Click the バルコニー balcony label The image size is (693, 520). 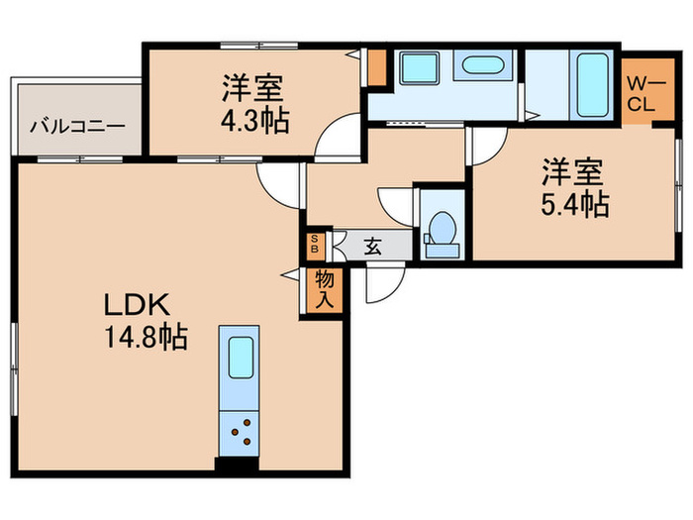76,127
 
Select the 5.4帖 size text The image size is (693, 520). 574,205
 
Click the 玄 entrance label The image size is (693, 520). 372,247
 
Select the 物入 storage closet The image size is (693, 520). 325,290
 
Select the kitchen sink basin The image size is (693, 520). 239,358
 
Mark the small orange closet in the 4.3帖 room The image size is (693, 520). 376,66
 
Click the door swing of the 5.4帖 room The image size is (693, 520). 485,147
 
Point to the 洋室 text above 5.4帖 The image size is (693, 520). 572,172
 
